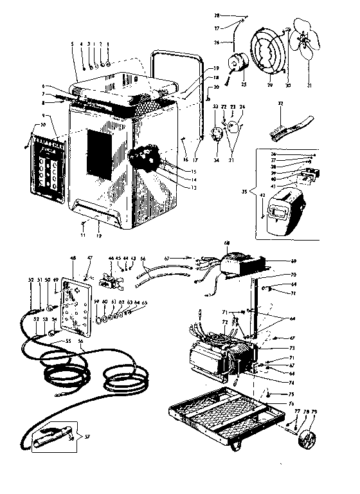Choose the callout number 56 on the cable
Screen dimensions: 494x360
pos(81,341)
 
